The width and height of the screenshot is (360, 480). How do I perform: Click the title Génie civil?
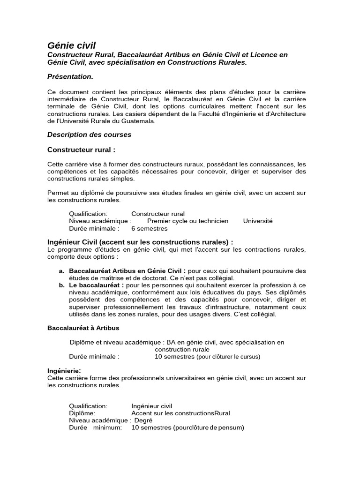point(71,45)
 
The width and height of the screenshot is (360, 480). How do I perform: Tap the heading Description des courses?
point(89,135)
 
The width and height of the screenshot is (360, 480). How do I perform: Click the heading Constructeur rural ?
point(81,150)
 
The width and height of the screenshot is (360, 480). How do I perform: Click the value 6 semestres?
point(149,229)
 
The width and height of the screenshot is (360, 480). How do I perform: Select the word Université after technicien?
point(257,221)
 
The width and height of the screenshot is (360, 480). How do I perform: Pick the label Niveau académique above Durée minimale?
point(99,221)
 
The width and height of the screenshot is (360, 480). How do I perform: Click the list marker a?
point(61,271)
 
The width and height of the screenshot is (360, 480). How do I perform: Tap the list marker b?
point(61,285)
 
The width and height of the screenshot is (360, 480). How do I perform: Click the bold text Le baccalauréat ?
point(97,285)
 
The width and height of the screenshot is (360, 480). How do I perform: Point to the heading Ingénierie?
point(64,371)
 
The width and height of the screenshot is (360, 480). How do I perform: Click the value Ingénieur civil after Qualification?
point(151,406)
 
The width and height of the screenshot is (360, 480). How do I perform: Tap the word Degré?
point(143,420)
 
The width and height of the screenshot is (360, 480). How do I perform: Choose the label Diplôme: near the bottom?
point(82,413)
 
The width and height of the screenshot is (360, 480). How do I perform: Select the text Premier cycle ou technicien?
point(187,221)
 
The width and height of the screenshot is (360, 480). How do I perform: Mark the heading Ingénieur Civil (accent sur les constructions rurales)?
point(140,242)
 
